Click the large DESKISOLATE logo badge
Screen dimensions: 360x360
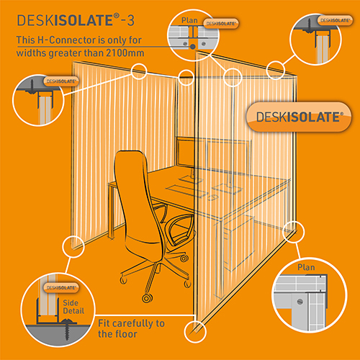point(299,117)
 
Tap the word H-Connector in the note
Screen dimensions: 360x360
point(66,40)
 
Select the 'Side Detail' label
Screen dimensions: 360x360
point(73,307)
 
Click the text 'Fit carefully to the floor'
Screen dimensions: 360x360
point(131,328)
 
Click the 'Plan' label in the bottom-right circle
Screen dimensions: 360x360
point(306,267)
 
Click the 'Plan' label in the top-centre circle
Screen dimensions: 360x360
point(189,20)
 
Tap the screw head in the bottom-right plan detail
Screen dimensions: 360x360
point(300,302)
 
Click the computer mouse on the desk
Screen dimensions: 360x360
point(213,197)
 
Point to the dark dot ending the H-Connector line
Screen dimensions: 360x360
point(193,47)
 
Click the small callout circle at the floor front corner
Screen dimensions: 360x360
point(195,332)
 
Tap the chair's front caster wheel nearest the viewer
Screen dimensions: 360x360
point(147,298)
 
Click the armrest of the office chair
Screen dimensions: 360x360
point(180,229)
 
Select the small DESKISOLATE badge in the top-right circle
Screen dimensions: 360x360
point(335,20)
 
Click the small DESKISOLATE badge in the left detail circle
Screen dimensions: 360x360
point(61,81)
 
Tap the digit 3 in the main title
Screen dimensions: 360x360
point(131,21)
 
